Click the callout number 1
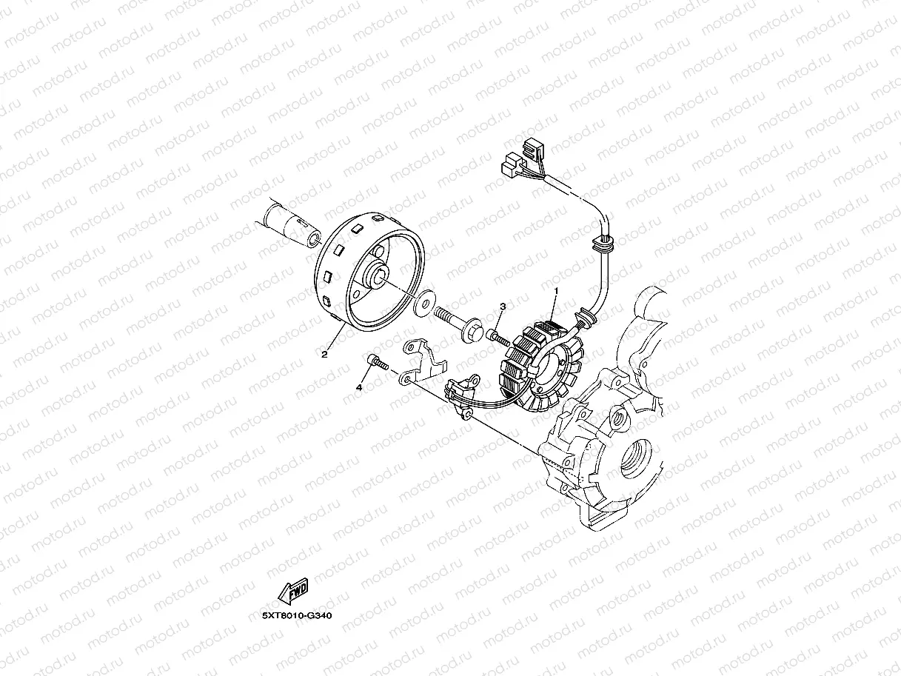click(555, 292)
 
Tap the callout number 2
click(324, 354)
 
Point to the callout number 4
click(361, 387)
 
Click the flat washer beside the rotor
click(424, 304)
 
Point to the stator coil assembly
click(540, 363)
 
